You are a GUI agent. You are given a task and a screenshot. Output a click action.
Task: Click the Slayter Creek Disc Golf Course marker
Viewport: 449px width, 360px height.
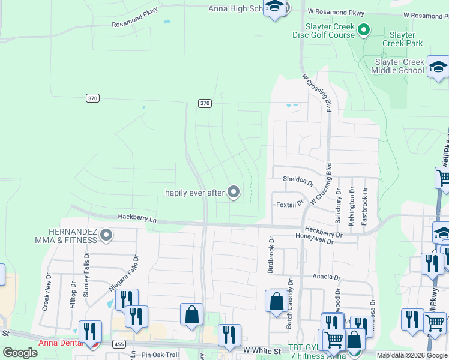pyautogui.click(x=363, y=29)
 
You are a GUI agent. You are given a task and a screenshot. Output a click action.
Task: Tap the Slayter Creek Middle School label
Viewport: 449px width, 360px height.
pyautogui.click(x=399, y=66)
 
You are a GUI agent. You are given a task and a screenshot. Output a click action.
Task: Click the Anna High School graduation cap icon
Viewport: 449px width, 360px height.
pyautogui.click(x=275, y=7)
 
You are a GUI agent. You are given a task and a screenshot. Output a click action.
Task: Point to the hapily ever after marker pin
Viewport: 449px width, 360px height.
pyautogui.click(x=234, y=192)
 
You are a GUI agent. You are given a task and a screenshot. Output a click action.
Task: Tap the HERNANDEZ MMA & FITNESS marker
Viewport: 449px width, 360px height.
pyautogui.click(x=106, y=235)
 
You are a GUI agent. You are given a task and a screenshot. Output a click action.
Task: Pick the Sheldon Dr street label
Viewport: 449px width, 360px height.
pyautogui.click(x=298, y=180)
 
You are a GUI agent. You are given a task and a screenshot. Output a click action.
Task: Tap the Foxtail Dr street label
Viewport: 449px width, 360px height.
pyautogui.click(x=290, y=205)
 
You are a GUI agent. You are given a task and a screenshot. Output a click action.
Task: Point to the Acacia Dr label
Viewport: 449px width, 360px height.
pyautogui.click(x=327, y=278)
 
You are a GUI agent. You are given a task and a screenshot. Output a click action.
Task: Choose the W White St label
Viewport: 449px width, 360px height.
pyautogui.click(x=262, y=350)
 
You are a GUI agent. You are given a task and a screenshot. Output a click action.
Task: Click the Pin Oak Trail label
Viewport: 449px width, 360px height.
pyautogui.click(x=160, y=355)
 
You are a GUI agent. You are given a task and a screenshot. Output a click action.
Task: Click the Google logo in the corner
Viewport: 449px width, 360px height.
pyautogui.click(x=20, y=353)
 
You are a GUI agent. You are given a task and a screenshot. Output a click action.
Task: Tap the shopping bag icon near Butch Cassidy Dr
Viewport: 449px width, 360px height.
pyautogui.click(x=276, y=302)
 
